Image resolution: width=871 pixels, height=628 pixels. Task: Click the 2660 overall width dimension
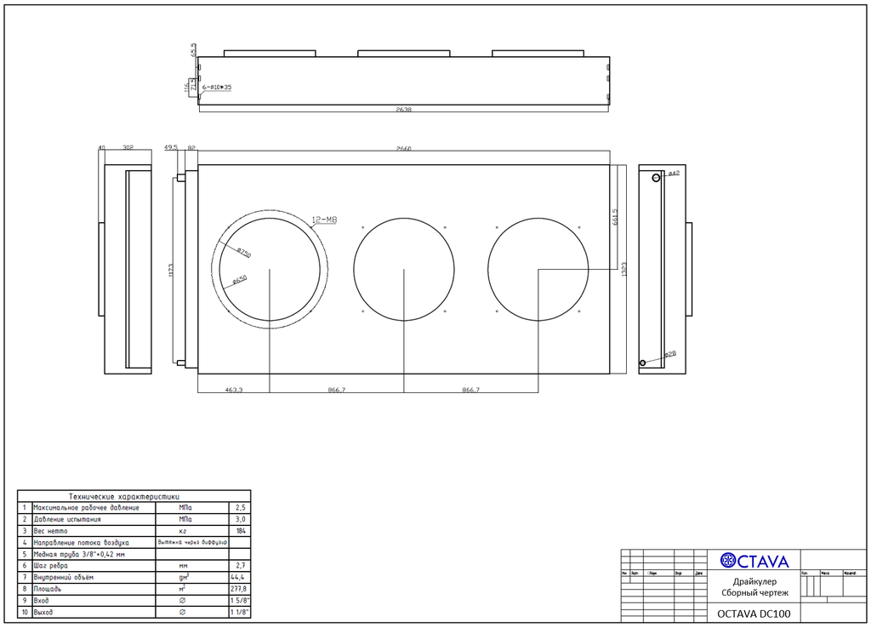pos(404,149)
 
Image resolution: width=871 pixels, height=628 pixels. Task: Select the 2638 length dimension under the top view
pos(404,110)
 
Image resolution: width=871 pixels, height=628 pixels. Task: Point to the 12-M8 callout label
pos(325,220)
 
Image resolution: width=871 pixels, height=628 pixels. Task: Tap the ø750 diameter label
pos(243,253)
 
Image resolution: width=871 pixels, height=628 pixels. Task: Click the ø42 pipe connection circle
pos(656,177)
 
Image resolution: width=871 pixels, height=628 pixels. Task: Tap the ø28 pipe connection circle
pos(643,363)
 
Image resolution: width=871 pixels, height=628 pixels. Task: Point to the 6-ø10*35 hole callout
pos(217,88)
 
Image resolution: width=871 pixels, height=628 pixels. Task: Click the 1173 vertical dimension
pos(173,271)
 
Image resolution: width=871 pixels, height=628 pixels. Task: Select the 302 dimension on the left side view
pos(128,148)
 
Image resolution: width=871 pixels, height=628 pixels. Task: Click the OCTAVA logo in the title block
pos(754,561)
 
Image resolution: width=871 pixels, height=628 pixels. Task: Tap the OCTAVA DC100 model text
pos(754,614)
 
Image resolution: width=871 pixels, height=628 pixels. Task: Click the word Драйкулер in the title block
pos(754,581)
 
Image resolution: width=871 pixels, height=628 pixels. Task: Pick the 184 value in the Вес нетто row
pos(241,530)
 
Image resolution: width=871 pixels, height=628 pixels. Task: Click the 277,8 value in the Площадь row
pos(241,588)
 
